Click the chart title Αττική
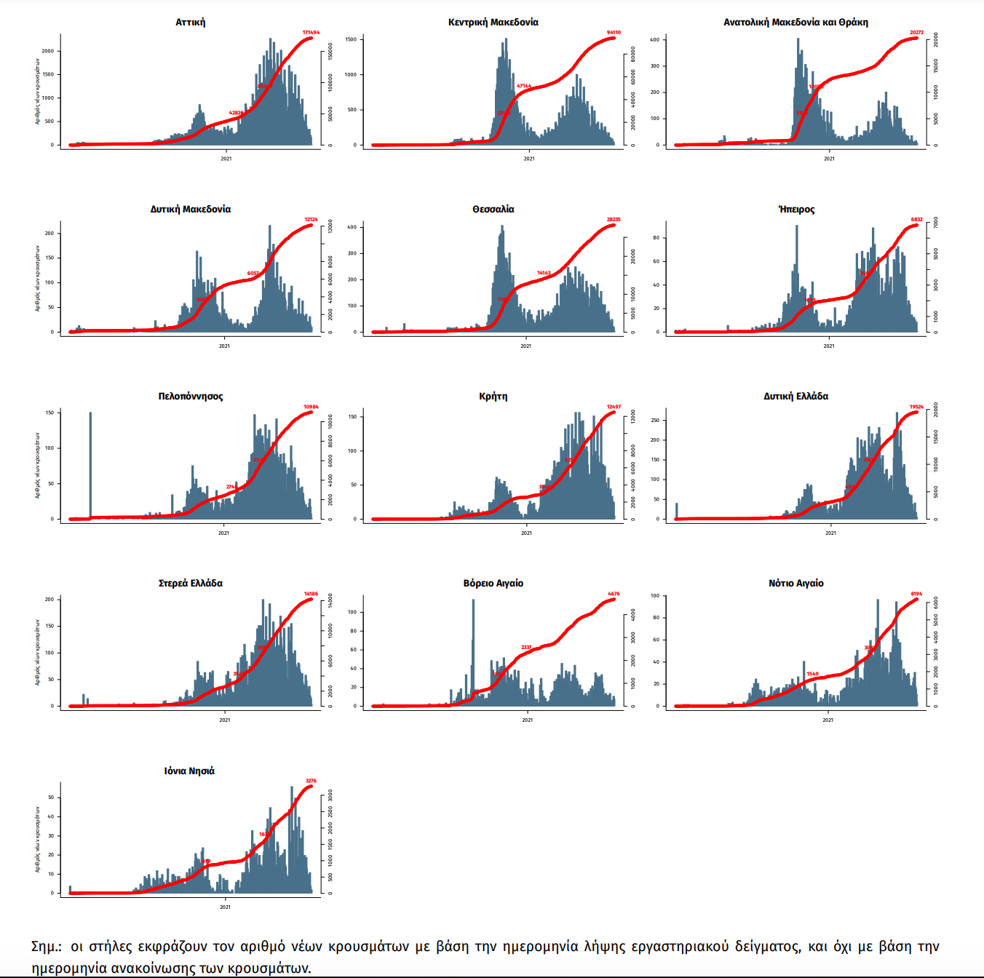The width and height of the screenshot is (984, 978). pos(191,23)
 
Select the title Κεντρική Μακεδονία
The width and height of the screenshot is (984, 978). pos(493,23)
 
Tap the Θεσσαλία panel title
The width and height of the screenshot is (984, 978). pos(493,210)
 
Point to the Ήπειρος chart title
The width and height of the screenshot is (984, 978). pos(796,210)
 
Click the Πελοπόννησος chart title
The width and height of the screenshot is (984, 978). pos(191,397)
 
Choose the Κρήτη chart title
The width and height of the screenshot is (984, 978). pos(493,397)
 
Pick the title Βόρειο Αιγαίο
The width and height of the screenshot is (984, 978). pos(493,584)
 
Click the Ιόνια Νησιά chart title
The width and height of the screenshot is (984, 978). pos(189,771)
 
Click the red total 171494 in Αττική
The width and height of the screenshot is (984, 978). pos(311,33)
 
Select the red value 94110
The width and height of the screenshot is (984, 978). pos(614,33)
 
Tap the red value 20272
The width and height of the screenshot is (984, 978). pos(916,33)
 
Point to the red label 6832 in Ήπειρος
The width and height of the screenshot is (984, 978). pos(916,220)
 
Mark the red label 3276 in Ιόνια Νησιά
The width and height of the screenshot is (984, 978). pos(311,781)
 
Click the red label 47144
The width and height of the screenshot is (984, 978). pos(524,86)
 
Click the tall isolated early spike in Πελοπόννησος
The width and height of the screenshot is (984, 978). pos(90,466)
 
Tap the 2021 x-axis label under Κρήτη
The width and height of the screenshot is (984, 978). pos(526,533)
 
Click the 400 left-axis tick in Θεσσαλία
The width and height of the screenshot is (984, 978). pos(352,227)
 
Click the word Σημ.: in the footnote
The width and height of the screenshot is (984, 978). pos(47,947)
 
